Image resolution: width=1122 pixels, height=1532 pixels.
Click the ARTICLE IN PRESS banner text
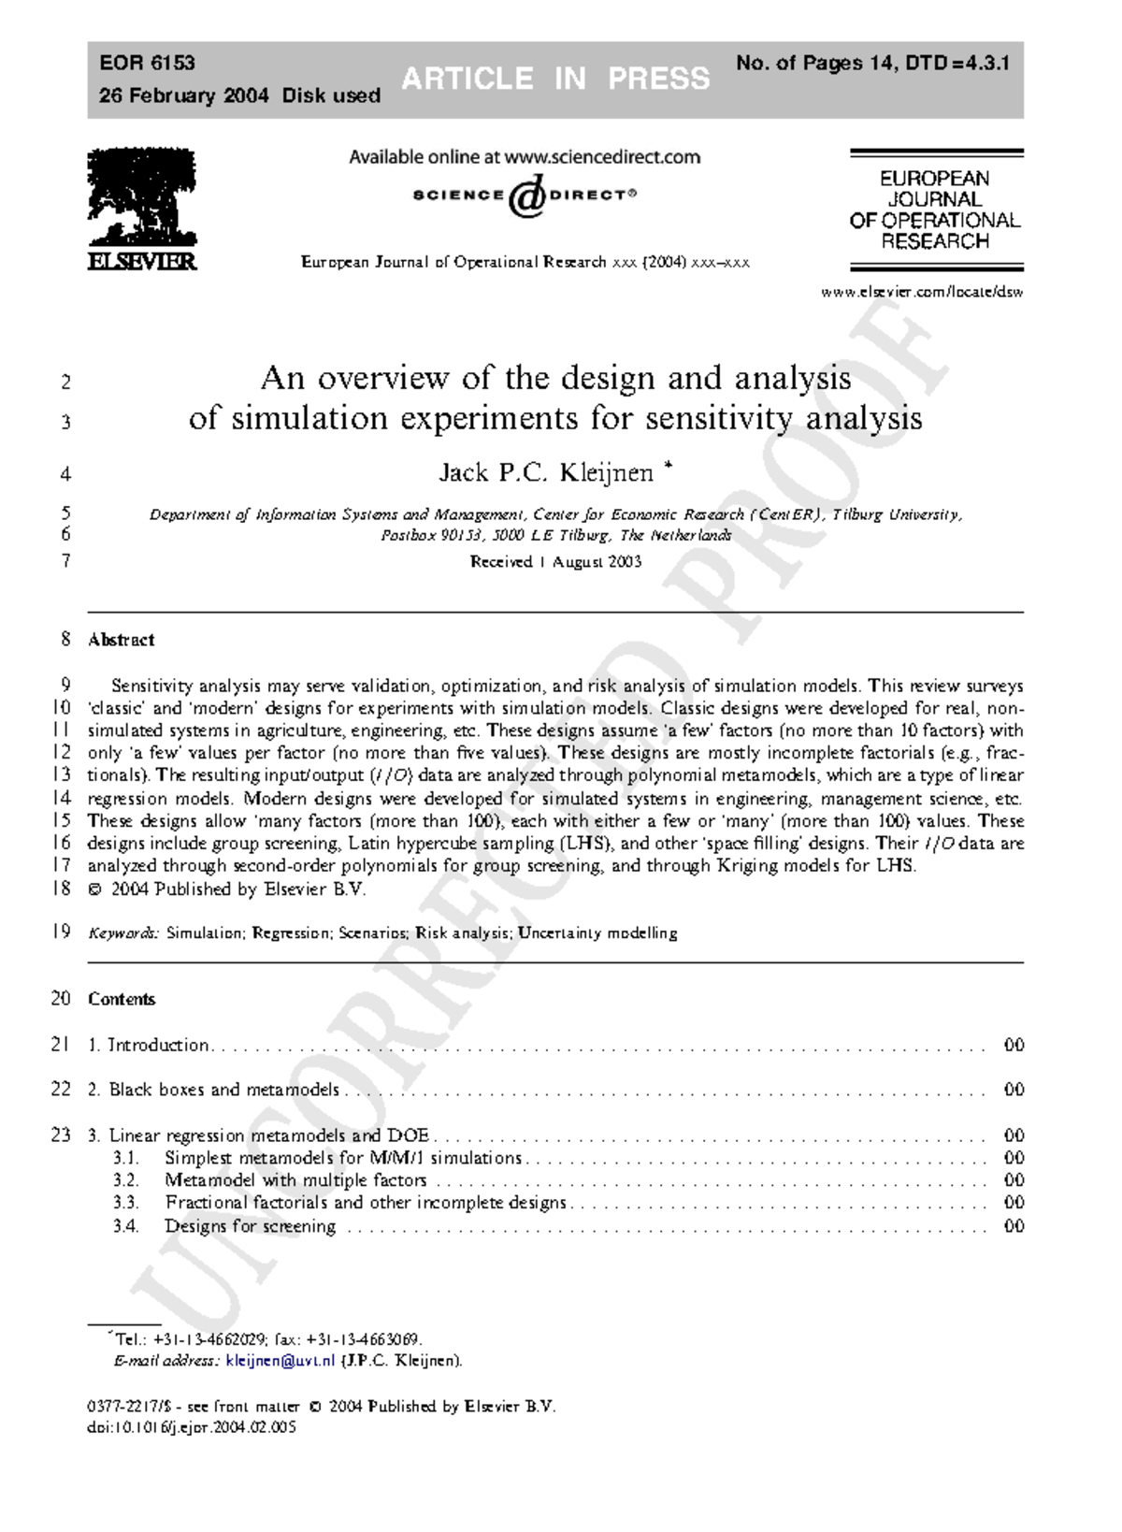pyautogui.click(x=555, y=79)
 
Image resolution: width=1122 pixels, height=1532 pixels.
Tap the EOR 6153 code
pyautogui.click(x=147, y=63)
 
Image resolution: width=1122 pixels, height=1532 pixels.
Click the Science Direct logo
pyautogui.click(x=525, y=195)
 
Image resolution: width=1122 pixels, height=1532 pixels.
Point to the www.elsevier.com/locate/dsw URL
pyautogui.click(x=922, y=291)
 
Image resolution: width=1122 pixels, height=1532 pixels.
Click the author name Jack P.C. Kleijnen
pyautogui.click(x=546, y=473)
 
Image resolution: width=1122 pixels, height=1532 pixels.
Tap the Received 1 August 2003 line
pyautogui.click(x=555, y=562)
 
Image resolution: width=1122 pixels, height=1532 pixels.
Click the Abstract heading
pyautogui.click(x=121, y=640)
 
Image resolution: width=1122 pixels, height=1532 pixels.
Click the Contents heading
pyautogui.click(x=122, y=999)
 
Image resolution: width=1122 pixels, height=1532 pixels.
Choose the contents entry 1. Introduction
pyautogui.click(x=149, y=1045)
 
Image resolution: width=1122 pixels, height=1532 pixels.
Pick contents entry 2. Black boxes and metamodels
pyautogui.click(x=214, y=1090)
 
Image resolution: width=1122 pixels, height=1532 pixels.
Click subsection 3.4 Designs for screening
pyautogui.click(x=250, y=1226)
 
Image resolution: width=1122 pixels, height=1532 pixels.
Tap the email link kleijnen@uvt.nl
pyautogui.click(x=280, y=1361)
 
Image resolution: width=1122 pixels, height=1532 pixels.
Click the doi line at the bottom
pyautogui.click(x=192, y=1428)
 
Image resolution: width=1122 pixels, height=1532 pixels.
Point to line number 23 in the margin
pyautogui.click(x=61, y=1135)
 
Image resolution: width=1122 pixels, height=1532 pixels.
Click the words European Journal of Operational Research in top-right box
pyautogui.click(x=934, y=210)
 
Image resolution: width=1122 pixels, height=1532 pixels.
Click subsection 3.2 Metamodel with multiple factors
pyautogui.click(x=295, y=1180)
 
